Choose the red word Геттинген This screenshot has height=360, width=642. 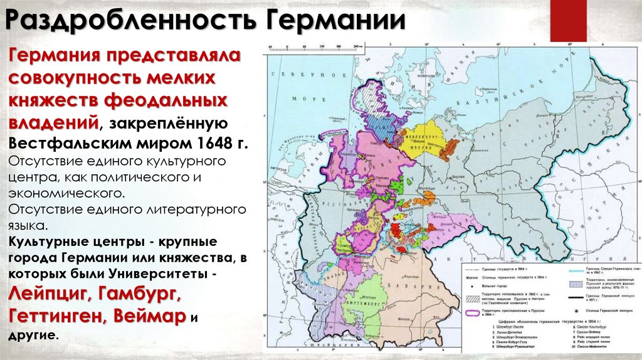pos(56,315)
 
